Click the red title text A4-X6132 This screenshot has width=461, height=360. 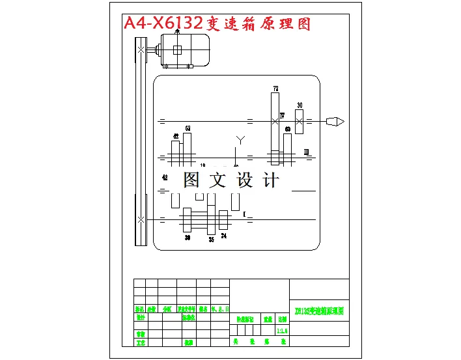[x=163, y=25]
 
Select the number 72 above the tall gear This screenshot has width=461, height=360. [x=275, y=88]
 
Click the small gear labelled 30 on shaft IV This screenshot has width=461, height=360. [x=300, y=121]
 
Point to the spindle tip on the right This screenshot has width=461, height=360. [x=335, y=121]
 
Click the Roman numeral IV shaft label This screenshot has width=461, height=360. [x=283, y=115]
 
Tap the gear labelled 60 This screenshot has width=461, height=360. [x=287, y=146]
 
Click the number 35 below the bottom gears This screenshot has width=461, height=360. [x=211, y=240]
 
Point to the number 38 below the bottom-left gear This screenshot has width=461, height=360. [x=188, y=238]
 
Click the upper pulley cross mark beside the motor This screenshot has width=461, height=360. [x=141, y=49]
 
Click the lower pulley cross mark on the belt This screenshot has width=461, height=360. [x=141, y=220]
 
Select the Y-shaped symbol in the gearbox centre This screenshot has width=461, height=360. [x=240, y=139]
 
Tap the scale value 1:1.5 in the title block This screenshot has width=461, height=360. [x=282, y=331]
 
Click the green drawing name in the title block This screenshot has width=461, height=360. [x=318, y=311]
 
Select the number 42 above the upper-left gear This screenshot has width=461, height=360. [x=175, y=136]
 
